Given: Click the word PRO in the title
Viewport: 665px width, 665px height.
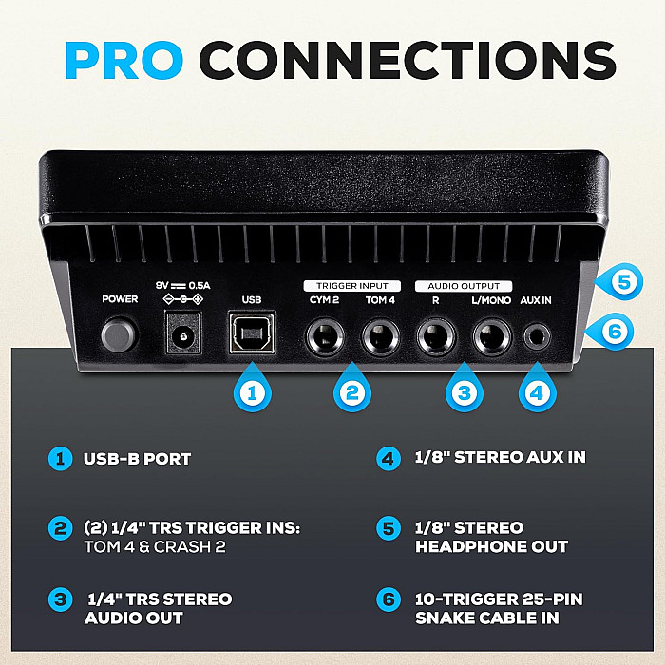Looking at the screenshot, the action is pyautogui.click(x=123, y=60).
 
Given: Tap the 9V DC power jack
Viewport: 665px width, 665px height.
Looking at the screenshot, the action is pyautogui.click(x=183, y=332).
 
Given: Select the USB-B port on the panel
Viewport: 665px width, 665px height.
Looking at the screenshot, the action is pyautogui.click(x=252, y=332).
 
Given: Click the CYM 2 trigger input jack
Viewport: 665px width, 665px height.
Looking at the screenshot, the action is pyautogui.click(x=325, y=336).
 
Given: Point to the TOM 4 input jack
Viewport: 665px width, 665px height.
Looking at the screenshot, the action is pyautogui.click(x=380, y=336).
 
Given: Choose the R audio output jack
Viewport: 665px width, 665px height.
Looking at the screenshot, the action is pyautogui.click(x=435, y=336).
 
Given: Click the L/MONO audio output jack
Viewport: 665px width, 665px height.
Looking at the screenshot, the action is pyautogui.click(x=491, y=336).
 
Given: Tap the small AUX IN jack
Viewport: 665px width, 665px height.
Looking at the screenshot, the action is pyautogui.click(x=537, y=337).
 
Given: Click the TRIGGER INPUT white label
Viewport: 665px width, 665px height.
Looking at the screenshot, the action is pyautogui.click(x=352, y=286).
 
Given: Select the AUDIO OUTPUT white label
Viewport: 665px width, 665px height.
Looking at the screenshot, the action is pyautogui.click(x=464, y=286).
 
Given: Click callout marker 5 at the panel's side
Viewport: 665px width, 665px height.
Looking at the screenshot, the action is pyautogui.click(x=620, y=281).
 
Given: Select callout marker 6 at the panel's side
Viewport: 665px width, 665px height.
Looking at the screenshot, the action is pyautogui.click(x=611, y=332).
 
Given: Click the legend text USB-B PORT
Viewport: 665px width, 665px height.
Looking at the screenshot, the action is pyautogui.click(x=137, y=459).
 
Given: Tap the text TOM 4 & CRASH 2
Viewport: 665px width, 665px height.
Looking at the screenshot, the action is pyautogui.click(x=155, y=546).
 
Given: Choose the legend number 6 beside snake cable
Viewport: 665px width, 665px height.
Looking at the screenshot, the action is pyautogui.click(x=389, y=599).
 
